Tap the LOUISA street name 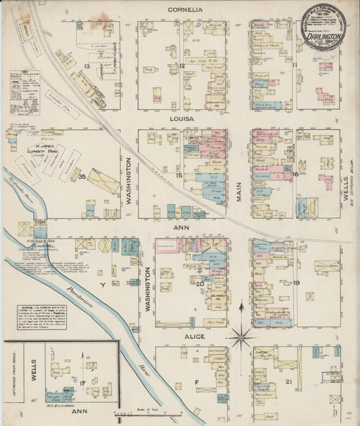[183, 119]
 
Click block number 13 [86, 65]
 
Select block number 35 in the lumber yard [82, 177]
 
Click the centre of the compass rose [240, 336]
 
